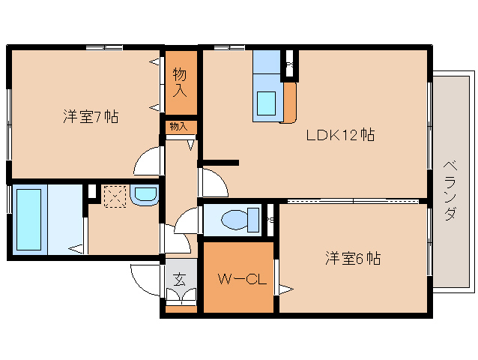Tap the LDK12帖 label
pos(339,135)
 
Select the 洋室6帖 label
pos(352,259)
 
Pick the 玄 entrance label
pos(181,279)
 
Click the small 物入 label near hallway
pos(179,127)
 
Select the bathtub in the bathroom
pos(28,220)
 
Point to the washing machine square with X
pos(115,197)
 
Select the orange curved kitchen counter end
pos(290,103)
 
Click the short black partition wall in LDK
pos(220,162)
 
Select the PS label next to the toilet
pos(270,220)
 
